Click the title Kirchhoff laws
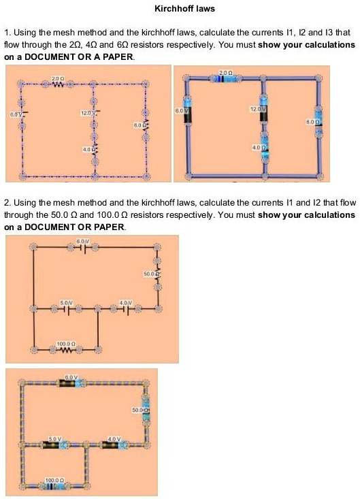[x=180, y=10]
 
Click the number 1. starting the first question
[x=7, y=33]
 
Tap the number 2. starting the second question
[x=7, y=203]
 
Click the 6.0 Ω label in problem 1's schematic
[x=139, y=125]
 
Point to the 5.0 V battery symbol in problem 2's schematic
[x=65, y=308]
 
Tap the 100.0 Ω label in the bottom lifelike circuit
[x=54, y=480]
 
